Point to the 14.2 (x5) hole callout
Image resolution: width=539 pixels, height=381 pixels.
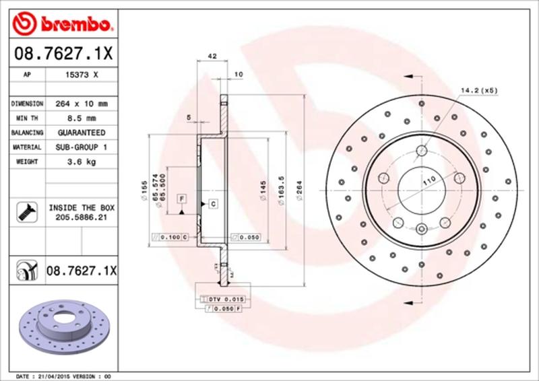479,90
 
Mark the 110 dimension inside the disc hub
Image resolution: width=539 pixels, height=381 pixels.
426,180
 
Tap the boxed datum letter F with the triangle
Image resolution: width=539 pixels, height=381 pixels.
182,198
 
